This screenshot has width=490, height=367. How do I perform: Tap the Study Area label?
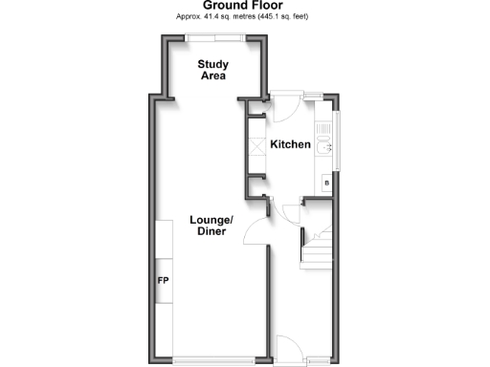tap(212, 71)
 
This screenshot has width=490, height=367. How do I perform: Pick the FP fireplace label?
tap(163, 282)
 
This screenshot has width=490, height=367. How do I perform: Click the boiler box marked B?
tap(326, 182)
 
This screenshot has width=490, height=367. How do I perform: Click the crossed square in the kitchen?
tap(256, 149)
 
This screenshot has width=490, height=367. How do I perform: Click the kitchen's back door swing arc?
tap(284, 108)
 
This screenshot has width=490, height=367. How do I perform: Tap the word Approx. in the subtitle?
tap(188, 17)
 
